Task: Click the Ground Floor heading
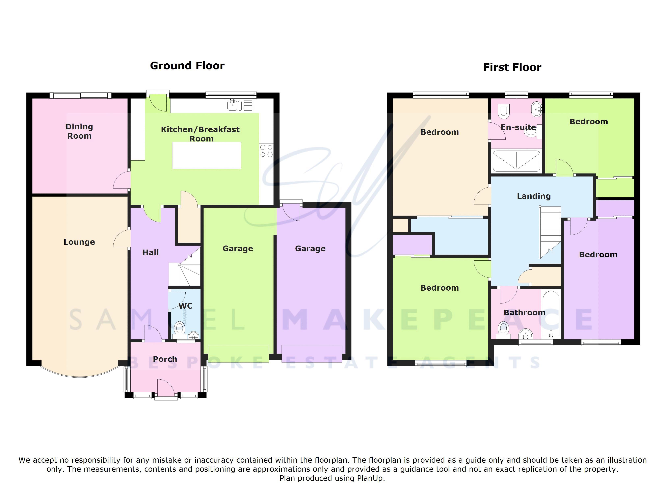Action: [187, 66]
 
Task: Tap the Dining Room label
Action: [79, 131]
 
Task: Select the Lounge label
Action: [79, 242]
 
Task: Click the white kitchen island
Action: [206, 155]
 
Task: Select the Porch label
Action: [165, 359]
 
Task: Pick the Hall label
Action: [150, 253]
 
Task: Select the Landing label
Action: [534, 196]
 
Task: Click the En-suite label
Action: [518, 127]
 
